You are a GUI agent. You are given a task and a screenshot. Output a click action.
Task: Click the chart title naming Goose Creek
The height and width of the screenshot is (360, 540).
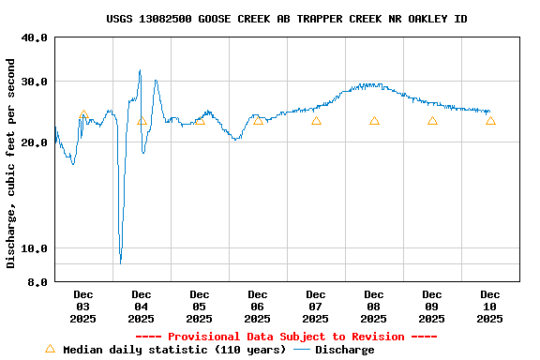pos(287,19)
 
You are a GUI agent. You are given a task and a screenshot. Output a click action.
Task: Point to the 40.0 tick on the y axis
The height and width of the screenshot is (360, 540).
pos(35,38)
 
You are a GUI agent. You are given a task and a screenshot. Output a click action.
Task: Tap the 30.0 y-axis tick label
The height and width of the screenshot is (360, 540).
pos(35,82)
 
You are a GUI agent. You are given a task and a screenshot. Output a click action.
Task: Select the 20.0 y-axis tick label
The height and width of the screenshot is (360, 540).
pos(35,142)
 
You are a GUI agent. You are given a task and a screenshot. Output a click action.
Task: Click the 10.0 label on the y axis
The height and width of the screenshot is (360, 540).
pos(35,248)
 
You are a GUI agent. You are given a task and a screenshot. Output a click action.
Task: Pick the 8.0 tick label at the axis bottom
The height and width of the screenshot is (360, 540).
pos(37,281)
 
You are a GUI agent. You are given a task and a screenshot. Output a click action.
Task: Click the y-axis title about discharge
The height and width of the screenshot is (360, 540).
pos(11,163)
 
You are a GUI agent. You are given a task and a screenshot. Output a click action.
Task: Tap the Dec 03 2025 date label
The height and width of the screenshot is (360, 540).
pos(83,307)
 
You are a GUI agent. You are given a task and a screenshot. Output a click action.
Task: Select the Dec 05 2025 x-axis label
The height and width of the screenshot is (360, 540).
pos(200,307)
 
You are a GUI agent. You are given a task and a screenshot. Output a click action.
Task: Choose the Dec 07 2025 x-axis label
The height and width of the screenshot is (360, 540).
pos(316,307)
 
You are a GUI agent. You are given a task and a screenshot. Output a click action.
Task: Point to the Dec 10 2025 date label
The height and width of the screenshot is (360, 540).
pos(490,307)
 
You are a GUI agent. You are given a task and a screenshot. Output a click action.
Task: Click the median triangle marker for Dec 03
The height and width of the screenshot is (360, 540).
pos(83,114)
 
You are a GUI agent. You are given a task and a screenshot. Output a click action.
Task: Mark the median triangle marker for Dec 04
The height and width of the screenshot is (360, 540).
pos(142,121)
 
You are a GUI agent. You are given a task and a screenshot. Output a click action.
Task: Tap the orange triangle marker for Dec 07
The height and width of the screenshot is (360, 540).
pos(316,121)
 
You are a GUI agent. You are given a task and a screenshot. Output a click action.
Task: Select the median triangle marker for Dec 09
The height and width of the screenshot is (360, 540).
pos(432,121)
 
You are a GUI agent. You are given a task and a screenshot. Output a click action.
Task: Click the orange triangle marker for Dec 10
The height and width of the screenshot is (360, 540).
pos(490,121)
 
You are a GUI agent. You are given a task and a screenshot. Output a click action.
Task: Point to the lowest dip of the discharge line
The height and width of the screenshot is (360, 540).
pos(120,262)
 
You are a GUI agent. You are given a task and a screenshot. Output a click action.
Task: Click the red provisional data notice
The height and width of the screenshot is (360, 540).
pos(286,337)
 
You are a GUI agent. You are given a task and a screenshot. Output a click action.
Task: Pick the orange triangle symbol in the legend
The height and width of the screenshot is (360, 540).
pos(50,349)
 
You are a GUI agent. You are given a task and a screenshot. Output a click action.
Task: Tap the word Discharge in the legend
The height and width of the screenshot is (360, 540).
pos(344,350)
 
